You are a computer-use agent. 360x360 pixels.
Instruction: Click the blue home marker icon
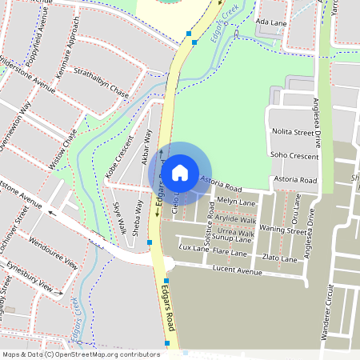pos(180,172)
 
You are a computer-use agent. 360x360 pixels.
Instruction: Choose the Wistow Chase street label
pos(62,149)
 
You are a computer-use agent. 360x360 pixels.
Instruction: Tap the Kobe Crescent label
pos(119,159)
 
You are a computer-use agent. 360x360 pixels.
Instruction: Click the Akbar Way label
pos(146,148)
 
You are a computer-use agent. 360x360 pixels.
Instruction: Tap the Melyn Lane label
pos(234,201)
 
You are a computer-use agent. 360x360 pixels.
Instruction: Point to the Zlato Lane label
pos(280,258)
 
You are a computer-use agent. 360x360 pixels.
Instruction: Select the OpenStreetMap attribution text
pos(80,354)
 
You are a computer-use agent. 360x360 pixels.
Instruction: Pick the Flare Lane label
pos(230,252)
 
